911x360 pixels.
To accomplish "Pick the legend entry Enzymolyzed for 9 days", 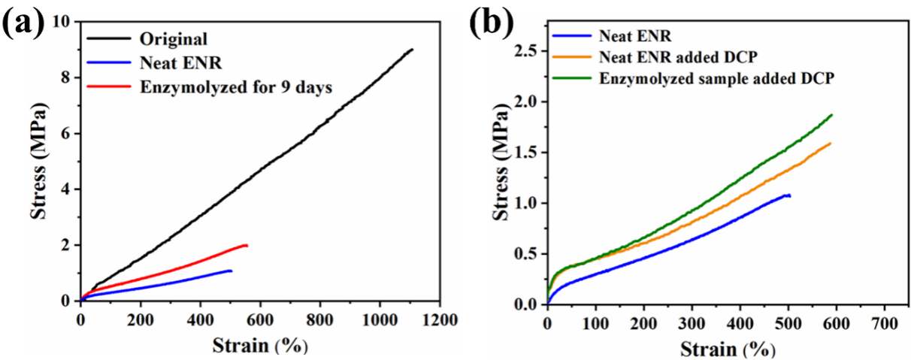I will [236, 86].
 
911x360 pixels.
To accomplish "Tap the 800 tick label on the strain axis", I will [320, 318].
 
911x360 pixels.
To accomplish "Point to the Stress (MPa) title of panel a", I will [40, 161].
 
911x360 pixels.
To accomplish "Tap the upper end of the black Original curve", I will [412, 50].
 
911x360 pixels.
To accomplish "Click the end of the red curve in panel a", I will [247, 245].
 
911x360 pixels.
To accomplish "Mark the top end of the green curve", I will [832, 114].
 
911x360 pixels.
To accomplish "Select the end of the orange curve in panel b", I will [831, 143].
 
